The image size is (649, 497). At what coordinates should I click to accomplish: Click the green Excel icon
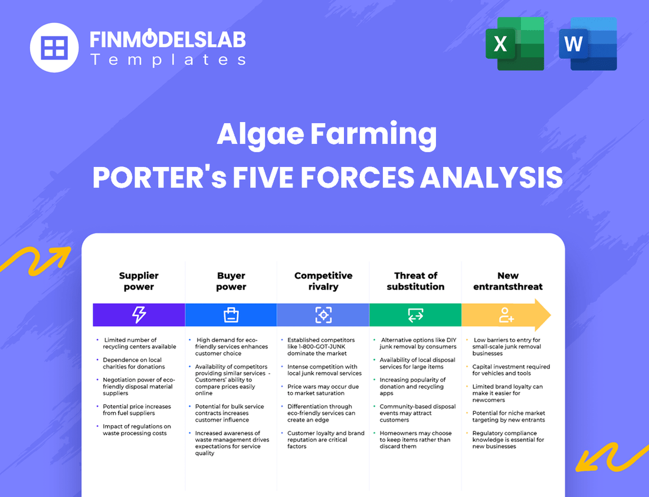514,44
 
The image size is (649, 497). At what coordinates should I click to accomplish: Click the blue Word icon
587,44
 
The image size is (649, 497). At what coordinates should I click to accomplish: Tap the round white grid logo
54,47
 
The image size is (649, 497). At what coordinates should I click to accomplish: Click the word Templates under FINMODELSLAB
168,60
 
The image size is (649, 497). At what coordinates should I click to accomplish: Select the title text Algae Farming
327,134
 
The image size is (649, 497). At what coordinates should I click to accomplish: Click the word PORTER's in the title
159,176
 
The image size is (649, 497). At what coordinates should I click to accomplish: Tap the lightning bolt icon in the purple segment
139,315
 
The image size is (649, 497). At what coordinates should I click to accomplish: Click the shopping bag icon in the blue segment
231,315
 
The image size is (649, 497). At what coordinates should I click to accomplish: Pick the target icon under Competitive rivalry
323,315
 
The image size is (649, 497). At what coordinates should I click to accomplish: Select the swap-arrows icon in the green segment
415,315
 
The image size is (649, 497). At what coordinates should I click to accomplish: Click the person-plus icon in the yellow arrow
506,315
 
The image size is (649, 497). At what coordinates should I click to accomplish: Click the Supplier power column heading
139,281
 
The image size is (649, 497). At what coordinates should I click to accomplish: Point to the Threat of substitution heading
415,281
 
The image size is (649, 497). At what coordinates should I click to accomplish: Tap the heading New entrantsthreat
507,281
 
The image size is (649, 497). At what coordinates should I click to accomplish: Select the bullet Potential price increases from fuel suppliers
137,410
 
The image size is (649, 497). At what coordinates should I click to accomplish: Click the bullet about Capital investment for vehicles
510,370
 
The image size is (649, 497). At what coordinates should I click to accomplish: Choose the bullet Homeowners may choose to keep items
415,440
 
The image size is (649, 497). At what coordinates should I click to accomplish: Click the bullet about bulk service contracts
230,413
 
